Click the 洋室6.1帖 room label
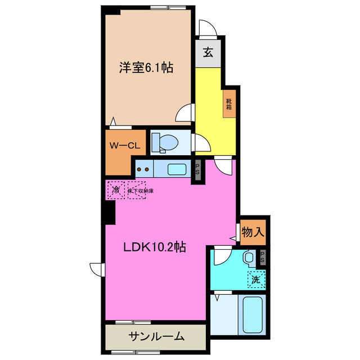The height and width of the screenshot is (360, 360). tap(145, 68)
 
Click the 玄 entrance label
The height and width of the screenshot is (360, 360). tap(208, 53)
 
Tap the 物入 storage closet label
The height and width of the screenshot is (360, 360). tap(253, 231)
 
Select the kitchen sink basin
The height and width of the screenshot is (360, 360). tap(179, 168)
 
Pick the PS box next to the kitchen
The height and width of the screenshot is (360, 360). tap(197, 169)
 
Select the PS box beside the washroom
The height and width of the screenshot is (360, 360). tap(262, 258)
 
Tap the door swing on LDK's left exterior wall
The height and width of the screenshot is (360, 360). tap(96, 269)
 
